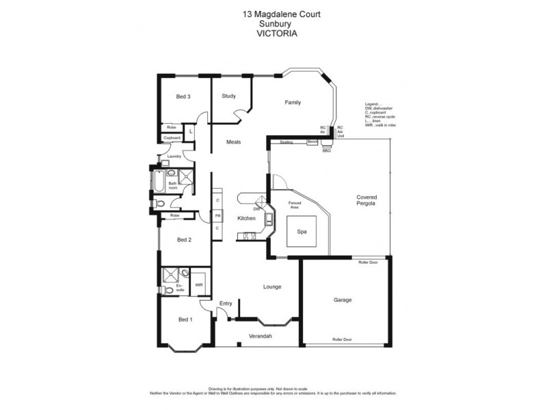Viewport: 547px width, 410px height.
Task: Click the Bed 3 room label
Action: (183, 96)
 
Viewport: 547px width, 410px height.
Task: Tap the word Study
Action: (228, 96)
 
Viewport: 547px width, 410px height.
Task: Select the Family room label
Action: (293, 102)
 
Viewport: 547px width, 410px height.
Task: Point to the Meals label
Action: (234, 142)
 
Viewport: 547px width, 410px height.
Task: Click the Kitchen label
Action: (246, 219)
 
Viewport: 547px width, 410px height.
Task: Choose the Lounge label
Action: (272, 286)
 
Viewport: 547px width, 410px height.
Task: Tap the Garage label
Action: (342, 300)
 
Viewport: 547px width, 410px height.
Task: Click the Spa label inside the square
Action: (302, 232)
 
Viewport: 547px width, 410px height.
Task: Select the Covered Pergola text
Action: (366, 201)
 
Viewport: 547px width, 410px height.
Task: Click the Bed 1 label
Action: (185, 320)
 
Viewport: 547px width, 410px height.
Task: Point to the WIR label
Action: (199, 285)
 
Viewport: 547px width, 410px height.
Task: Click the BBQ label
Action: (326, 150)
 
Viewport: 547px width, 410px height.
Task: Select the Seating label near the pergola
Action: (286, 142)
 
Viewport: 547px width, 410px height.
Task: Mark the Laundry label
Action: (174, 156)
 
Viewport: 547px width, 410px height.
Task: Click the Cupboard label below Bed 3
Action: (172, 138)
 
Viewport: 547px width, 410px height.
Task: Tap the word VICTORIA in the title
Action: (273, 31)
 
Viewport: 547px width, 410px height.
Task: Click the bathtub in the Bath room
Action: (157, 183)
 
